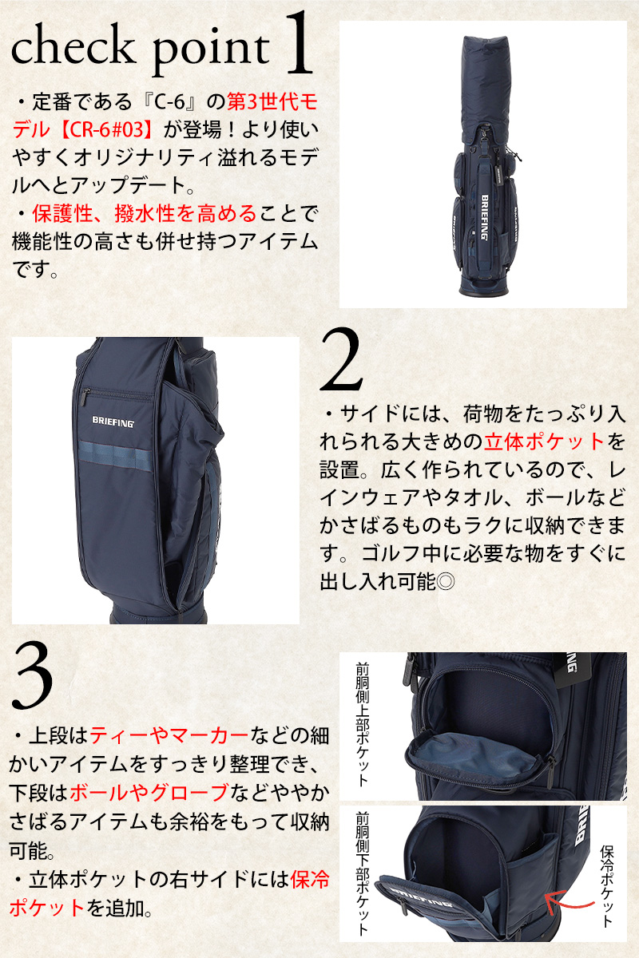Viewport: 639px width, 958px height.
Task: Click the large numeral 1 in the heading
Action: (299, 43)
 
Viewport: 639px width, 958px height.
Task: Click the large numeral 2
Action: (341, 359)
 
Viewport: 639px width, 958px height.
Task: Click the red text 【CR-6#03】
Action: (105, 129)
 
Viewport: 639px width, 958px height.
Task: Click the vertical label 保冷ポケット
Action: (606, 885)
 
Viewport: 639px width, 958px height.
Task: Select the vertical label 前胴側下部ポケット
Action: (362, 874)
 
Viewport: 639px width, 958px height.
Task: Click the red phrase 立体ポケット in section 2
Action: (545, 441)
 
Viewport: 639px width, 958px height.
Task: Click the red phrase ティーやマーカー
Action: (169, 735)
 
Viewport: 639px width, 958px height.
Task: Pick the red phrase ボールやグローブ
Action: (149, 793)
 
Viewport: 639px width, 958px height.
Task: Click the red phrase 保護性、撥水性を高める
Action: (144, 214)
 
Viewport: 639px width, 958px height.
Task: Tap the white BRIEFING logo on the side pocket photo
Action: (113, 422)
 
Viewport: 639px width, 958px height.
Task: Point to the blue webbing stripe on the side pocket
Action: (115, 456)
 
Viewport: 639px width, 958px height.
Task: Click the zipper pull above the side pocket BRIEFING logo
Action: (85, 397)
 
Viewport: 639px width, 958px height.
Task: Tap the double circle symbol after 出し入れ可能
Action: (446, 582)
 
